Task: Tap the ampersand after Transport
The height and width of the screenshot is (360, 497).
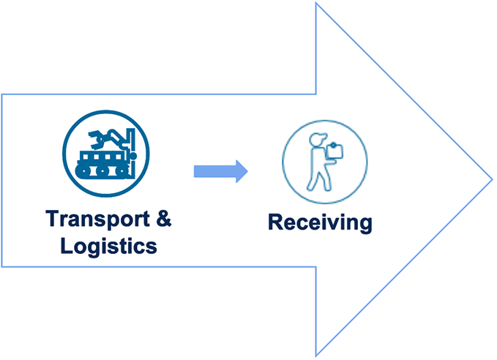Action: pyautogui.click(x=168, y=219)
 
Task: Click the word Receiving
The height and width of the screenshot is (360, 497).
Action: pyautogui.click(x=319, y=222)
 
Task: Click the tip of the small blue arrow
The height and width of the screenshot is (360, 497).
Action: pyautogui.click(x=247, y=171)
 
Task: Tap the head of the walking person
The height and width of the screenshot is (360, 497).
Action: pyautogui.click(x=315, y=140)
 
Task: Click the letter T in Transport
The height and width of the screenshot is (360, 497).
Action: pyautogui.click(x=52, y=219)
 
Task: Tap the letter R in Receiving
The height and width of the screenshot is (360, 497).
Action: pyautogui.click(x=274, y=222)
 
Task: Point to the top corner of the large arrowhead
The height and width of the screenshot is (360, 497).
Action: pyautogui.click(x=316, y=4)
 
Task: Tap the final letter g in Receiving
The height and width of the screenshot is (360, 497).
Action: pyautogui.click(x=364, y=224)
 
